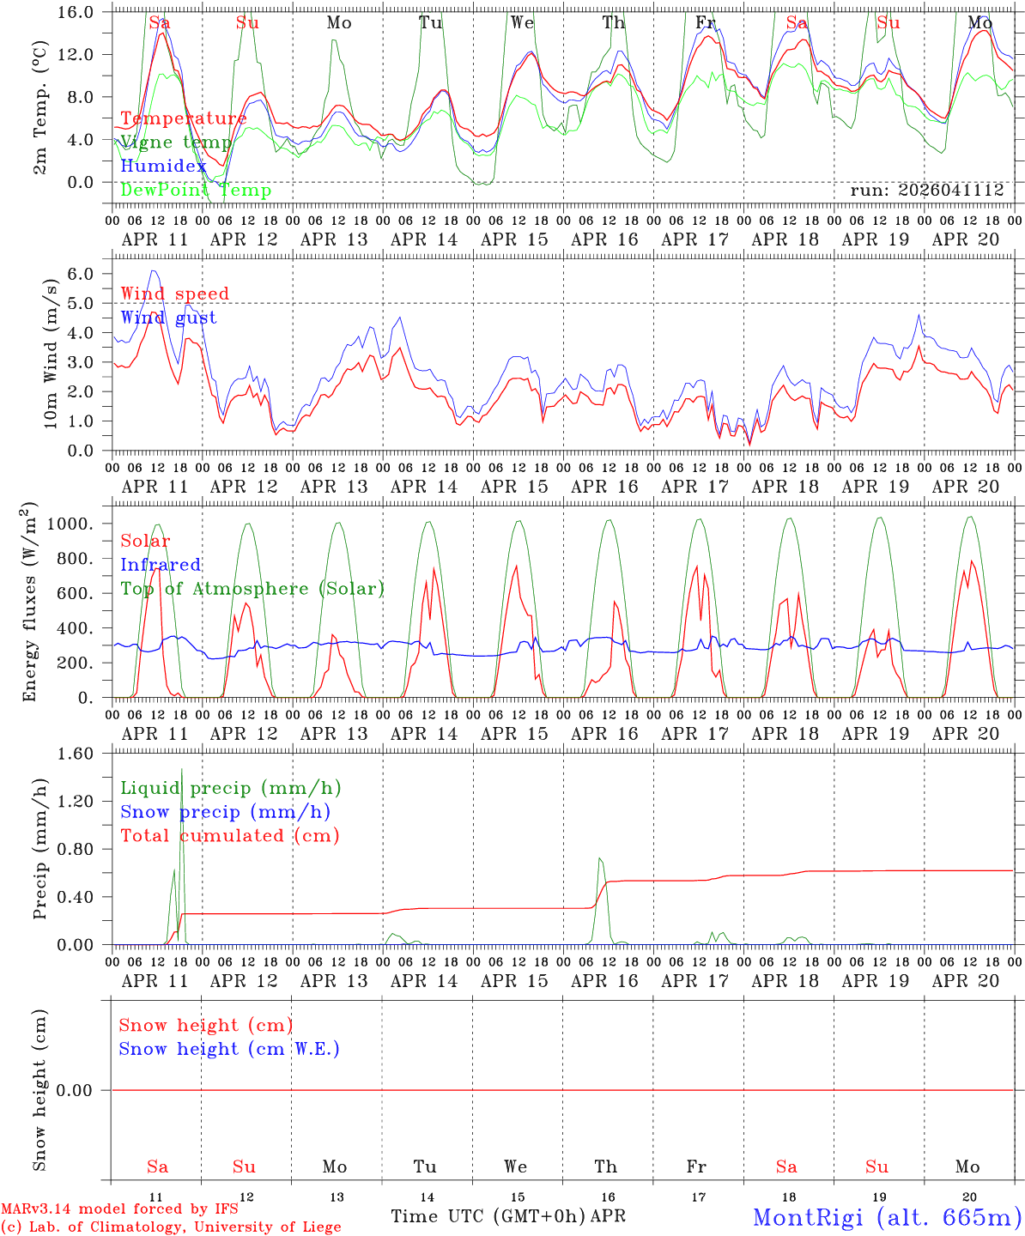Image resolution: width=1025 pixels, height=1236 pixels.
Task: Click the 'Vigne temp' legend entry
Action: [176, 142]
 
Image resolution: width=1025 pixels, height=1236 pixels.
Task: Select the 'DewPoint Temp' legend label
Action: [196, 191]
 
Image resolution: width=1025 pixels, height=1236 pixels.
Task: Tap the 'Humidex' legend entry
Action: [163, 167]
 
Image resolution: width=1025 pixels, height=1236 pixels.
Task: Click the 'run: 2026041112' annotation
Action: [926, 191]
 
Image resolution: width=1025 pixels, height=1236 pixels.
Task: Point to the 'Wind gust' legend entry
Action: [168, 318]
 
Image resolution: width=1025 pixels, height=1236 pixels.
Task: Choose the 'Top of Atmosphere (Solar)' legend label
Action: [252, 589]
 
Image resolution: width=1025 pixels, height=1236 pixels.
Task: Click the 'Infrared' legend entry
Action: [161, 565]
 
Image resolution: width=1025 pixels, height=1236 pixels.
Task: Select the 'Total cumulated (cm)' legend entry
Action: [229, 836]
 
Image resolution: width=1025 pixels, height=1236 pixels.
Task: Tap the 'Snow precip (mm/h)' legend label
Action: [225, 812]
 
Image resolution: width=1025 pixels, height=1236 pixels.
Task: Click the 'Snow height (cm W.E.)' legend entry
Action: [228, 1049]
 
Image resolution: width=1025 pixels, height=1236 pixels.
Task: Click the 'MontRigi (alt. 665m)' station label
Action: [887, 1217]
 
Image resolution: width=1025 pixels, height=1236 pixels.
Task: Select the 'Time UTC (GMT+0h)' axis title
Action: [488, 1216]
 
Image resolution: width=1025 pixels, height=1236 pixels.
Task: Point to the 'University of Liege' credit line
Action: [171, 1227]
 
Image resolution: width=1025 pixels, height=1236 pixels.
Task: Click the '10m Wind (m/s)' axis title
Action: [52, 353]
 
